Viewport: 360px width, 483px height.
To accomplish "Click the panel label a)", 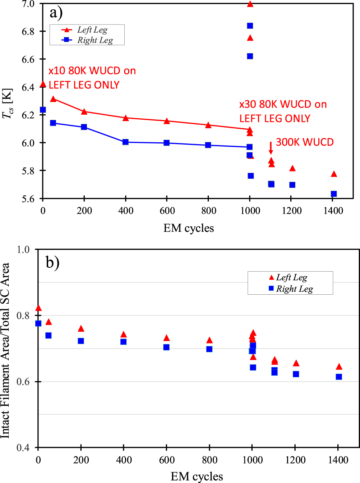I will coord(56,13).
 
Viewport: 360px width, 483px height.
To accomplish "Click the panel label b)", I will coord(52,262).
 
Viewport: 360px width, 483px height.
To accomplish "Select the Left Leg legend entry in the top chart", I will coord(92,30).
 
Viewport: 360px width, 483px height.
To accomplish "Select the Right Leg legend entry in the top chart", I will coord(95,40).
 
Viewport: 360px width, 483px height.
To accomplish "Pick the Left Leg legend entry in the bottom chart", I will coord(291,277).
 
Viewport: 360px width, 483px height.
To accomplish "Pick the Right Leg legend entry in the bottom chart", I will coord(294,289).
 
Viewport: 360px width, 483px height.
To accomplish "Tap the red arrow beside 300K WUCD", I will coord(271,148).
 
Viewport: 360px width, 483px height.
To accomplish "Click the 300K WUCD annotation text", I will coord(305,142).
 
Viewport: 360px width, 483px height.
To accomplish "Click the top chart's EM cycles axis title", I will coord(189,228).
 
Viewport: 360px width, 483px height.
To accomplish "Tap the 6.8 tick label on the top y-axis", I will coord(28,32).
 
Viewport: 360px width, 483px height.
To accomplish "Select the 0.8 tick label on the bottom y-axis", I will coord(23,316).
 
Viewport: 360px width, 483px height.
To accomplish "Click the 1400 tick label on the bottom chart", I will coord(338,460).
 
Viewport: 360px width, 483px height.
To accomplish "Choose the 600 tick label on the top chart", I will coord(167,211).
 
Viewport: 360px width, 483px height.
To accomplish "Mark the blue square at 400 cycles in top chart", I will coord(125,142).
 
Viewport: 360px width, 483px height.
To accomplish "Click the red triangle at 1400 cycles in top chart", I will coord(334,174).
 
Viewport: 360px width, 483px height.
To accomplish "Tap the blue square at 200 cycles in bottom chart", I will coord(81,341).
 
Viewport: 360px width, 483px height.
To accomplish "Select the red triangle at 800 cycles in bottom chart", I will coord(209,340).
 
